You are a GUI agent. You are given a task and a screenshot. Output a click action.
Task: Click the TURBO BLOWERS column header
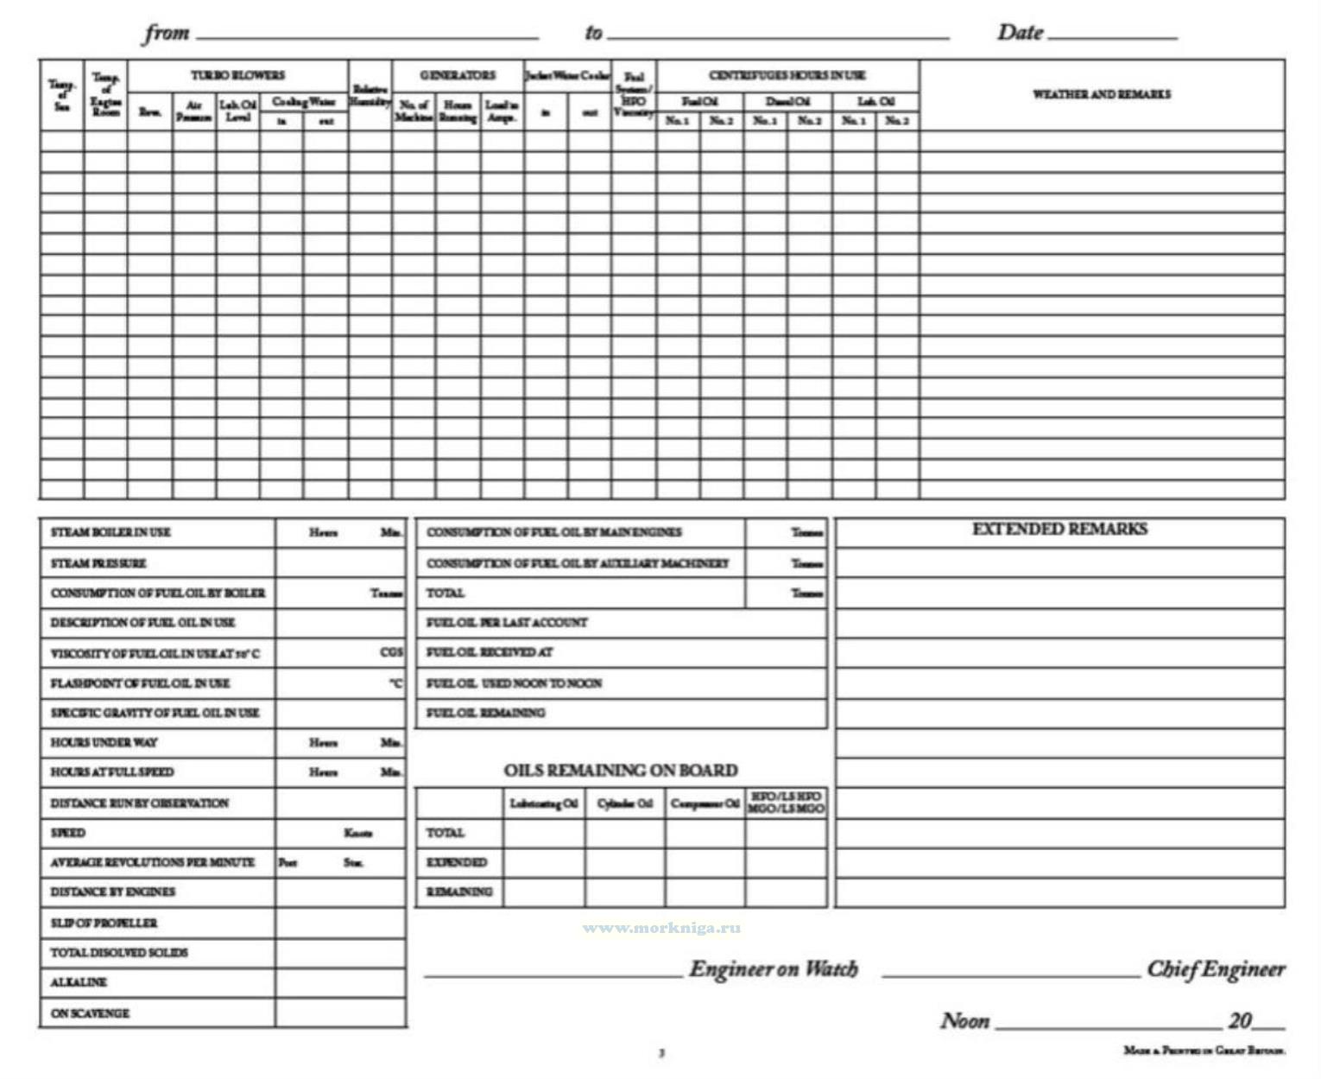[x=237, y=76]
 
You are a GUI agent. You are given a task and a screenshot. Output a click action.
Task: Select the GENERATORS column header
[x=458, y=76]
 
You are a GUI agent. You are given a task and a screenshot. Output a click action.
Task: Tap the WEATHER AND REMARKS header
[x=1102, y=94]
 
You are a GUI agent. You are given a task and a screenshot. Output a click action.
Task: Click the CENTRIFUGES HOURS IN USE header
[x=787, y=76]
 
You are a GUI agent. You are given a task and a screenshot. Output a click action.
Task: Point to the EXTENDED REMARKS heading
[x=1059, y=530]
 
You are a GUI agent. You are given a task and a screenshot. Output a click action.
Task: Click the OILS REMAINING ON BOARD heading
[x=621, y=771]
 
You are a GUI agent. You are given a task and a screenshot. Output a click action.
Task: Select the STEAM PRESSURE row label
[x=98, y=563]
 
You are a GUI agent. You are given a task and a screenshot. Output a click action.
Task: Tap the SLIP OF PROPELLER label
[x=104, y=923]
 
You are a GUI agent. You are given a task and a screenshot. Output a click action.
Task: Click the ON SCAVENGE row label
[x=90, y=1012]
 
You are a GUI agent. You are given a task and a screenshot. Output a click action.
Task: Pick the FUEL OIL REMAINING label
[x=485, y=713]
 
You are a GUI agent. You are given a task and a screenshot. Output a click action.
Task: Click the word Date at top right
[x=1021, y=33]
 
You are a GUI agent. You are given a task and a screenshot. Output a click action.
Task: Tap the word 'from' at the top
[x=167, y=33]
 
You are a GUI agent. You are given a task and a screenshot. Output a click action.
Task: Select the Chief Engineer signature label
[x=1216, y=969]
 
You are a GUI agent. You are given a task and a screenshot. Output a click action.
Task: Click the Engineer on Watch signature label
[x=774, y=969]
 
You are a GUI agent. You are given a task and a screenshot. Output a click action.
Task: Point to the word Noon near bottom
[x=964, y=1021]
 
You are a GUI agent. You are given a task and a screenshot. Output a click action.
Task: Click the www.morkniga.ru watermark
[x=661, y=928]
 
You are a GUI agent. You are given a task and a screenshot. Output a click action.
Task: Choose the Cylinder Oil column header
[x=624, y=803]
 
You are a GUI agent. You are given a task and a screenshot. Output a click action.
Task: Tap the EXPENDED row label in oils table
[x=457, y=862]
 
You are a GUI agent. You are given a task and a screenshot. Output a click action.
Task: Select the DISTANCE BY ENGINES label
[x=112, y=892]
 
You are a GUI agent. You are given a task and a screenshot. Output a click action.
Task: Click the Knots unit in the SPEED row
[x=357, y=833]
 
